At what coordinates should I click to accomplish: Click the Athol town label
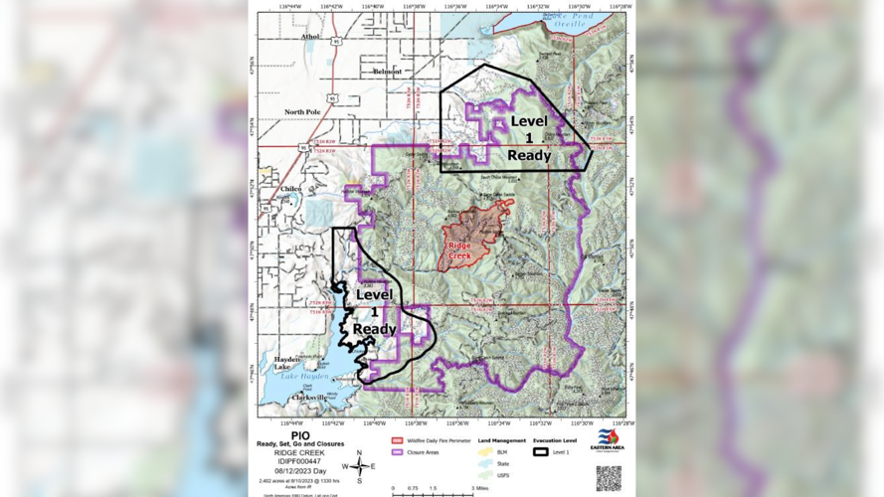pyautogui.click(x=310, y=38)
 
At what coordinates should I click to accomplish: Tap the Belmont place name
pyautogui.click(x=387, y=72)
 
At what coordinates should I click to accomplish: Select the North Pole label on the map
pyautogui.click(x=302, y=112)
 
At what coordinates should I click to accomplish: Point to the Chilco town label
pyautogui.click(x=290, y=188)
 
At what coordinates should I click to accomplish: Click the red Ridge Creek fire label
pyautogui.click(x=459, y=250)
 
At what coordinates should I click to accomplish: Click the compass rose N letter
pyautogui.click(x=359, y=453)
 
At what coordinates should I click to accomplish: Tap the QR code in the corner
pyautogui.click(x=609, y=478)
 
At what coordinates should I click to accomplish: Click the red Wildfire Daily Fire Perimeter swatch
pyautogui.click(x=397, y=440)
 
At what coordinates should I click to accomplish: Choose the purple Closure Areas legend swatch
pyautogui.click(x=397, y=452)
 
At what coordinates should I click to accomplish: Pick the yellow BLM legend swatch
pyautogui.click(x=485, y=452)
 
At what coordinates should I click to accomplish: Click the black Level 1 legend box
pyautogui.click(x=540, y=452)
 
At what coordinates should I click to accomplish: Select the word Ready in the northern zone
pyautogui.click(x=529, y=155)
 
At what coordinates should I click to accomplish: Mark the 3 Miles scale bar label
pyautogui.click(x=482, y=489)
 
